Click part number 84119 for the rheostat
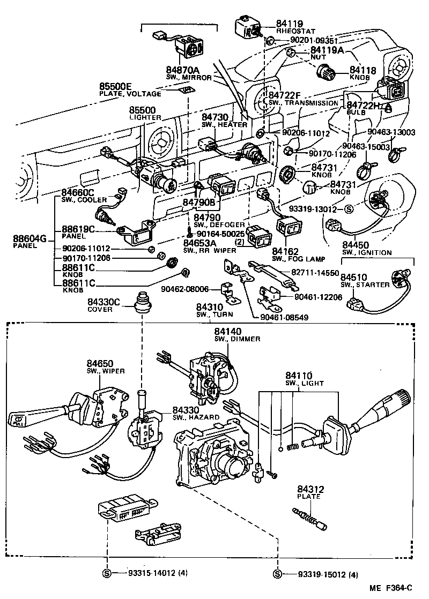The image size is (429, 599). [x=290, y=24]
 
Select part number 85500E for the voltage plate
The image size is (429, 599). [x=115, y=86]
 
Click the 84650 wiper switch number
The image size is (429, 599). [x=100, y=364]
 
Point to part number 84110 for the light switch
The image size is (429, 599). [x=299, y=376]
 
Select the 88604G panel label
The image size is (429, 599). [x=29, y=238]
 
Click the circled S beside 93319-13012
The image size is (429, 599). [x=348, y=209]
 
